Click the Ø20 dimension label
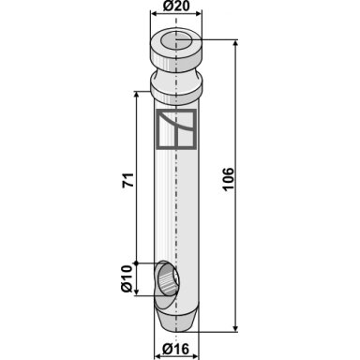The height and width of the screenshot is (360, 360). click(176, 7)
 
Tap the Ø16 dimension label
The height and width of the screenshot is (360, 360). click(175, 349)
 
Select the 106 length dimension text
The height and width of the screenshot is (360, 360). click(229, 178)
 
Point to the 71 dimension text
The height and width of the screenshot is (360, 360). click(128, 180)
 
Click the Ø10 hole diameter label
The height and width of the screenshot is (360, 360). click(127, 278)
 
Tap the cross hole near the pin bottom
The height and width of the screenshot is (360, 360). click(169, 278)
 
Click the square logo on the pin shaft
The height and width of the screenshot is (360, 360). click(176, 129)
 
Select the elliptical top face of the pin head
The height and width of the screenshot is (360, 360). click(176, 39)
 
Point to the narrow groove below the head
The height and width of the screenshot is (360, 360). click(176, 72)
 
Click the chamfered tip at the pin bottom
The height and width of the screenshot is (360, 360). click(176, 321)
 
